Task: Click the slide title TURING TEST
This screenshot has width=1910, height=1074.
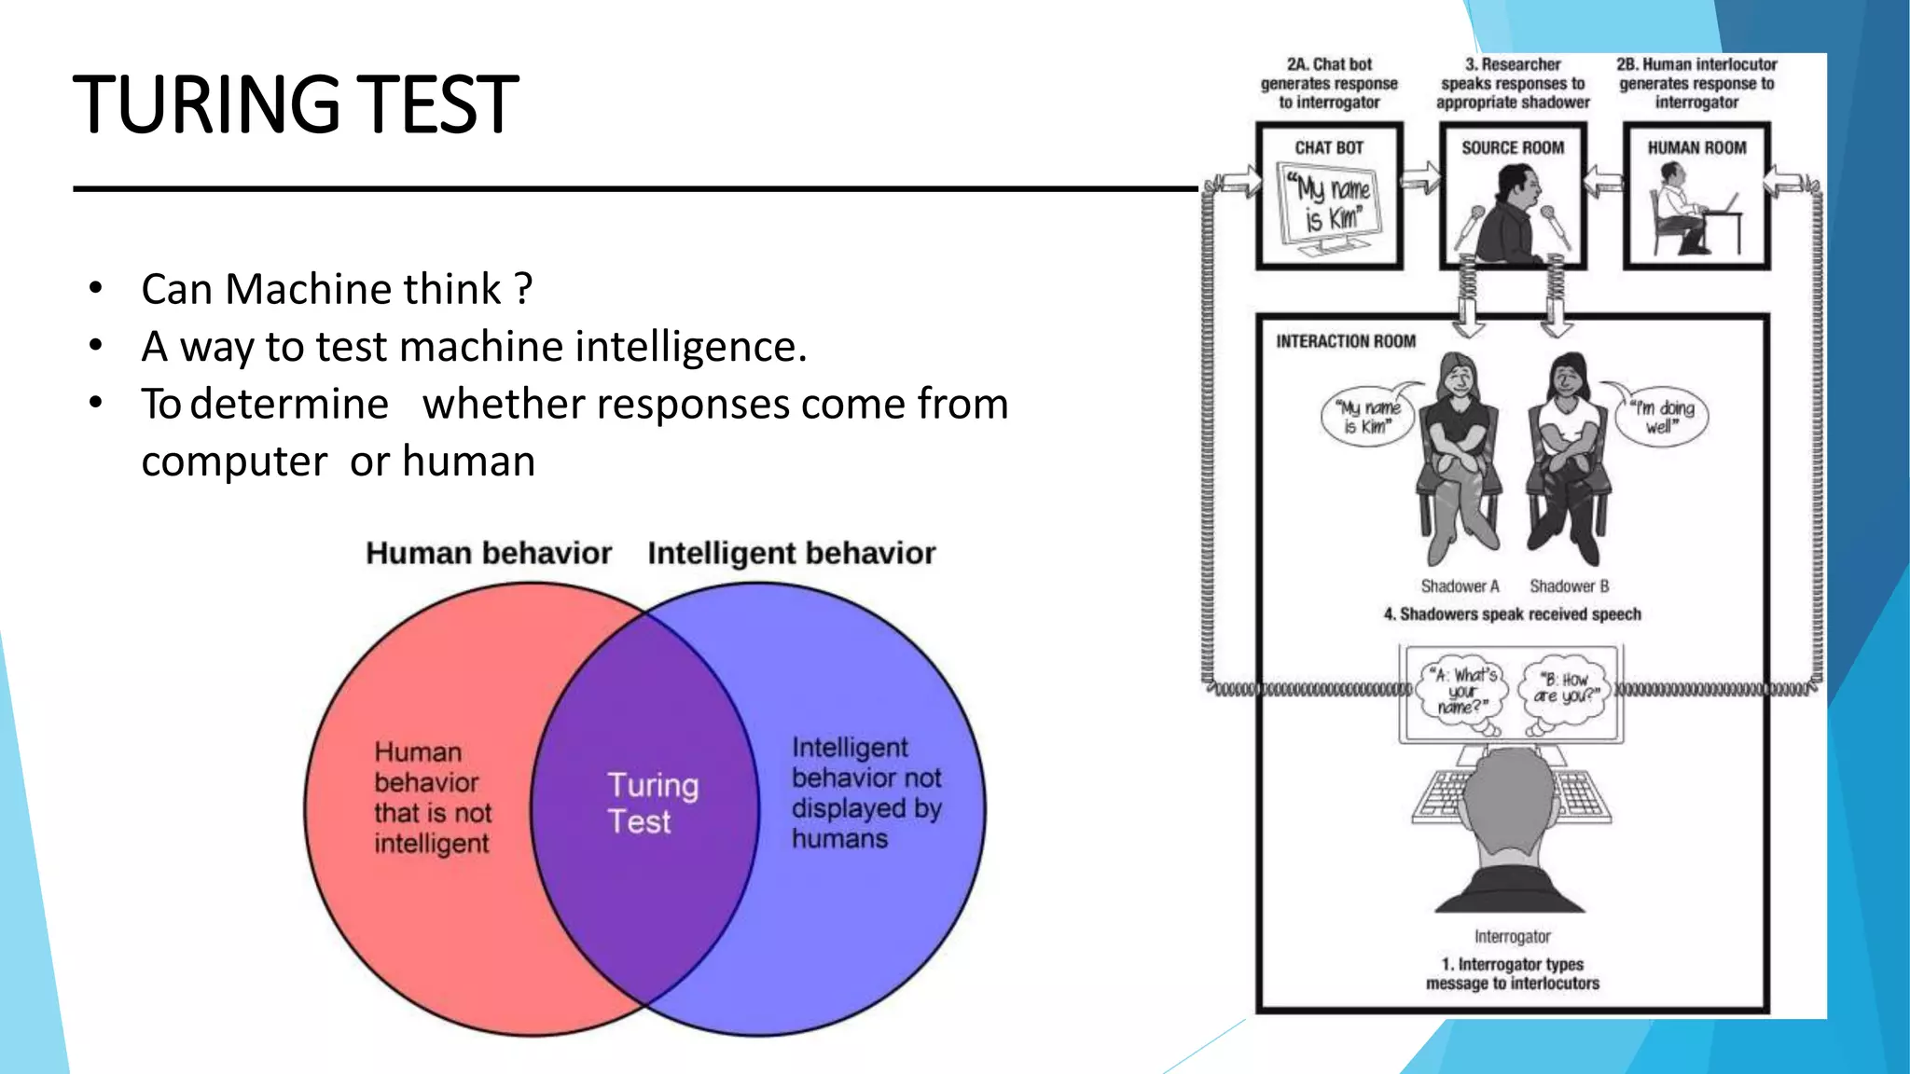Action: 295,104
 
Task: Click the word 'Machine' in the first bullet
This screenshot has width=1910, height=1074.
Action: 363,290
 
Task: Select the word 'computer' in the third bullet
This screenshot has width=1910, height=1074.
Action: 234,462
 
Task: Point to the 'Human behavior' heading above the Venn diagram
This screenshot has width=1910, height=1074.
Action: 489,553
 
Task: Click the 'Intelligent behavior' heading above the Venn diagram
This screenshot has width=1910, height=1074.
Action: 791,553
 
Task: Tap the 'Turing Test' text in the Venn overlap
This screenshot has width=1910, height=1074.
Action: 652,803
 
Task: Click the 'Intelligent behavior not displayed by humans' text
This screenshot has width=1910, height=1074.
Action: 865,792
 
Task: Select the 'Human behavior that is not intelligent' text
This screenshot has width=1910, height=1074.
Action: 432,797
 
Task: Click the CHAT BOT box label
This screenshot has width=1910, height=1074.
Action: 1329,148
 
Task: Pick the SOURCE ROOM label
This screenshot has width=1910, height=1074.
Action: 1513,148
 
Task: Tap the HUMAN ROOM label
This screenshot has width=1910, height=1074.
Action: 1696,148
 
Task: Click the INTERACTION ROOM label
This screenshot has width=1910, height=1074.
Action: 1346,342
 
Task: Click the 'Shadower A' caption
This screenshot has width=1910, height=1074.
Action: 1460,586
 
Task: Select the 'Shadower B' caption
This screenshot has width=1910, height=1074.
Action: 1569,586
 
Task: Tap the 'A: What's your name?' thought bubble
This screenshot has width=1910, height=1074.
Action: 1462,692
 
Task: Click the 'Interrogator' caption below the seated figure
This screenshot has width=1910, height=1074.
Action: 1512,937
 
